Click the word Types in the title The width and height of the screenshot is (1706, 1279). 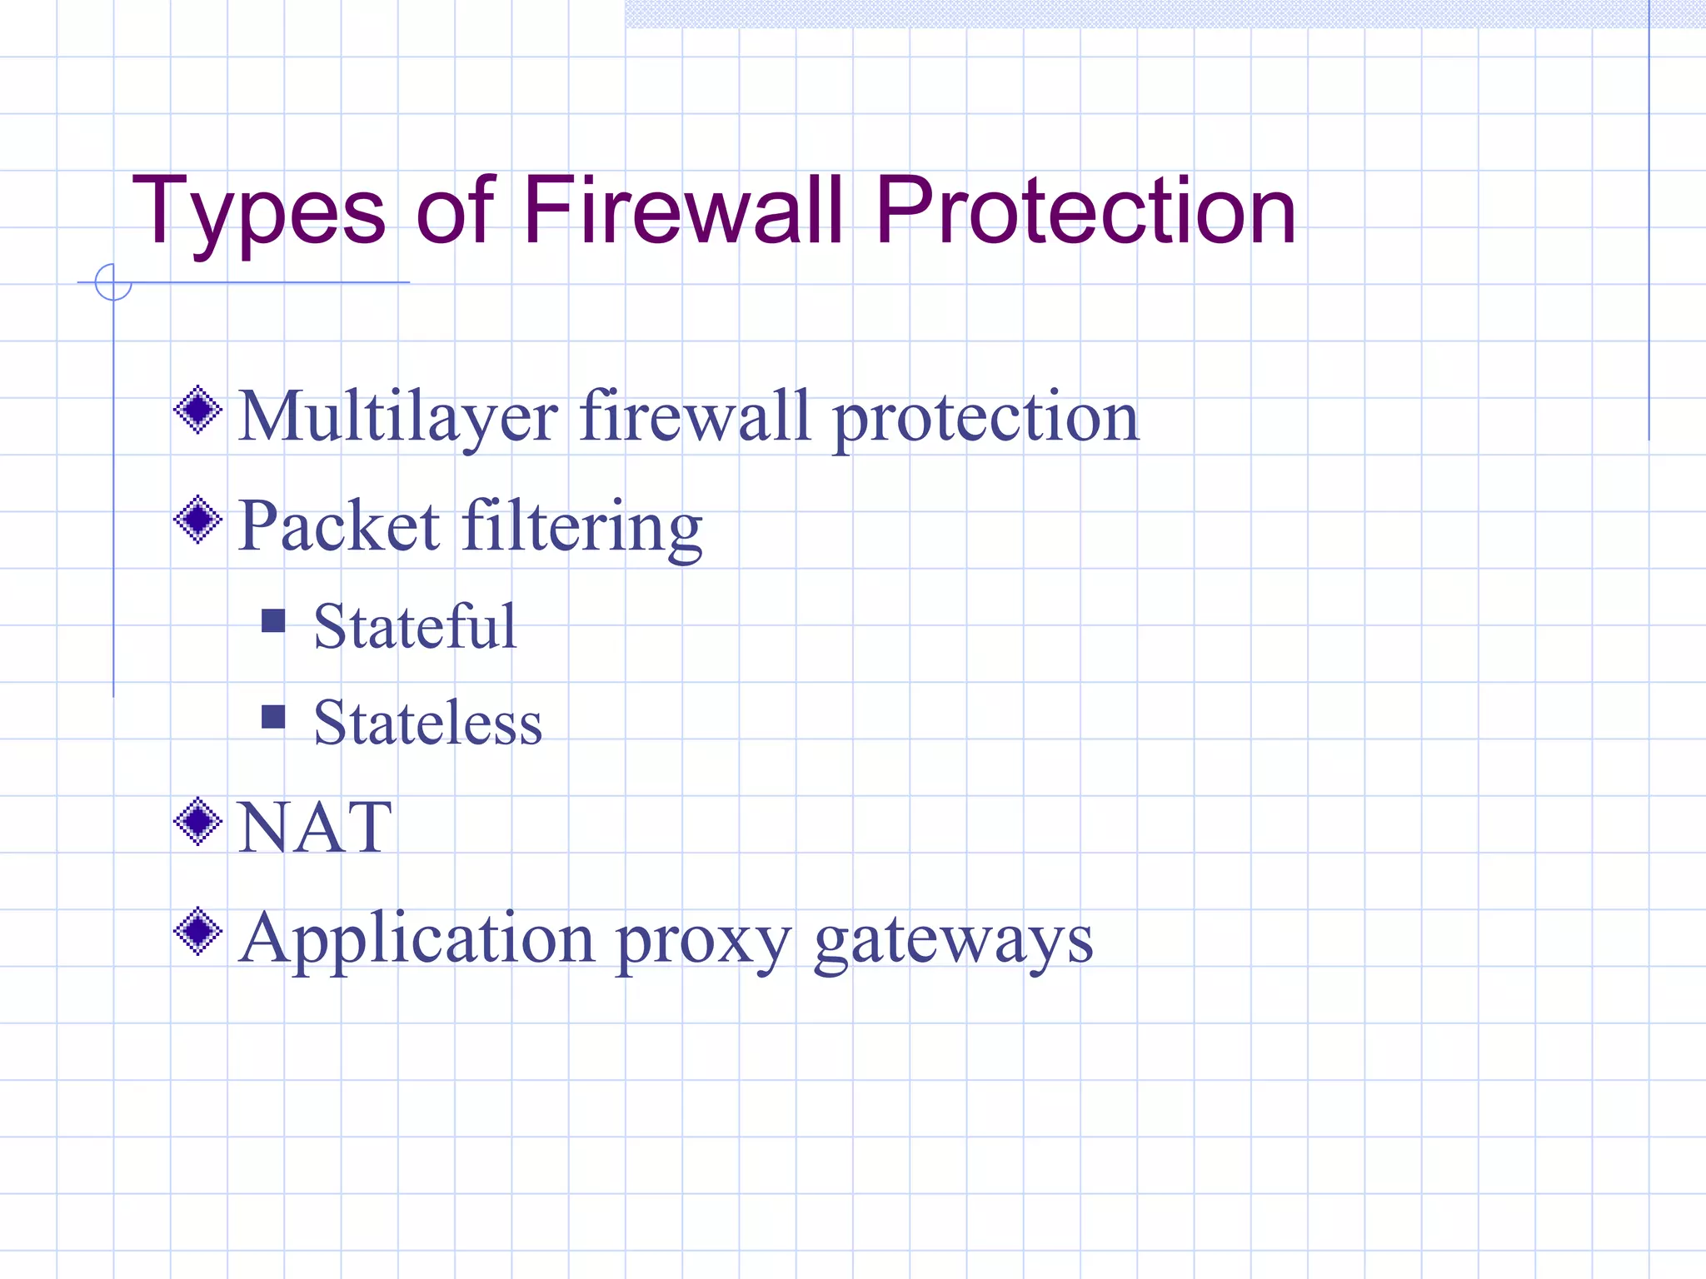tap(258, 212)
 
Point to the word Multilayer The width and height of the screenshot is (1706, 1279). tap(398, 416)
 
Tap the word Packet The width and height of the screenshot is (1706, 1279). tap(339, 525)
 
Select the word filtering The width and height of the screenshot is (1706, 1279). tap(582, 527)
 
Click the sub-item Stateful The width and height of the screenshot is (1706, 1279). tap(415, 626)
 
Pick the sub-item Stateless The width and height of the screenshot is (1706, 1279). tap(427, 722)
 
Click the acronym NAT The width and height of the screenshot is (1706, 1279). tap(315, 827)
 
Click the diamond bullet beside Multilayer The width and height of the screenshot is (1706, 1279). tap(198, 410)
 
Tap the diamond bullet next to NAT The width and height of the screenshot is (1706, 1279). tap(198, 822)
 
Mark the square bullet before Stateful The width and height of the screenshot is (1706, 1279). tap(273, 620)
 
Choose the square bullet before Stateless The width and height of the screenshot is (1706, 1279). tap(273, 716)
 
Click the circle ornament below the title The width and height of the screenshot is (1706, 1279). tap(113, 282)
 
